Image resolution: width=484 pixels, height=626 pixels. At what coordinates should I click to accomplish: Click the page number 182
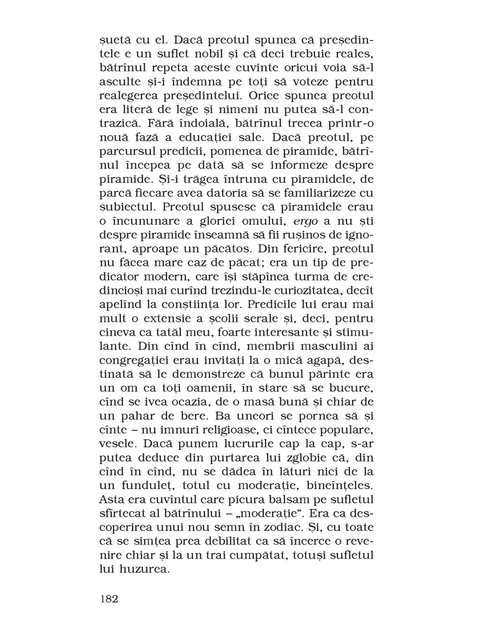click(109, 599)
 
